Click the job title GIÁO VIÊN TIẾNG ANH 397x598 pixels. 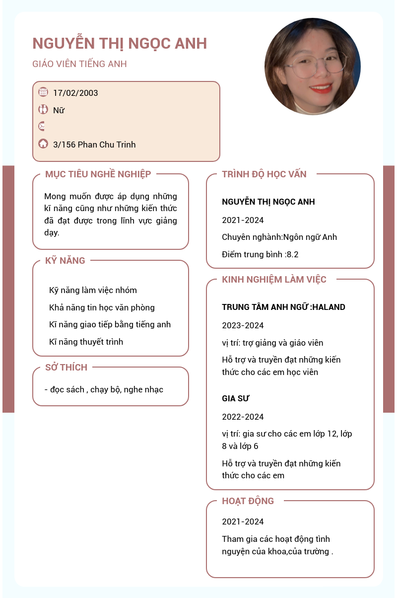pyautogui.click(x=79, y=64)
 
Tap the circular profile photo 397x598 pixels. pyautogui.click(x=313, y=67)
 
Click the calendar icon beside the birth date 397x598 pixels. pyautogui.click(x=43, y=92)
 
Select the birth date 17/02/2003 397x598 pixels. pyautogui.click(x=75, y=93)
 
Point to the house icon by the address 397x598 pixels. pyautogui.click(x=43, y=144)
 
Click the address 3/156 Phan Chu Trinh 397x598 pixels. pyautogui.click(x=94, y=145)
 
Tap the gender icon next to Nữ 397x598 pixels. pyautogui.click(x=43, y=109)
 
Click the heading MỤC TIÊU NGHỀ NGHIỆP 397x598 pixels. pyautogui.click(x=98, y=174)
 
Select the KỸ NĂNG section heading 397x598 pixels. pyautogui.click(x=65, y=260)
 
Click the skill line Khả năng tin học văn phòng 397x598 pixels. pyautogui.click(x=102, y=307)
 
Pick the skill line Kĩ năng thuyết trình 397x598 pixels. pyautogui.click(x=86, y=342)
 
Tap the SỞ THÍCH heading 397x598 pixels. pyautogui.click(x=66, y=368)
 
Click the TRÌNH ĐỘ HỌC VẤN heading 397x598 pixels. pyautogui.click(x=264, y=174)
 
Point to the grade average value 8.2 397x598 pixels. pyautogui.click(x=293, y=255)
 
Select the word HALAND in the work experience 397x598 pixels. pyautogui.click(x=330, y=307)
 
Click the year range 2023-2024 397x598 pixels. pyautogui.click(x=243, y=325)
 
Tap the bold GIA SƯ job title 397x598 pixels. pyautogui.click(x=235, y=398)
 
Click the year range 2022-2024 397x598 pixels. pyautogui.click(x=243, y=417)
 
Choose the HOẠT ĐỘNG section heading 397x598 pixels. pyautogui.click(x=248, y=501)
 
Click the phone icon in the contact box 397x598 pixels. pyautogui.click(x=42, y=126)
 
